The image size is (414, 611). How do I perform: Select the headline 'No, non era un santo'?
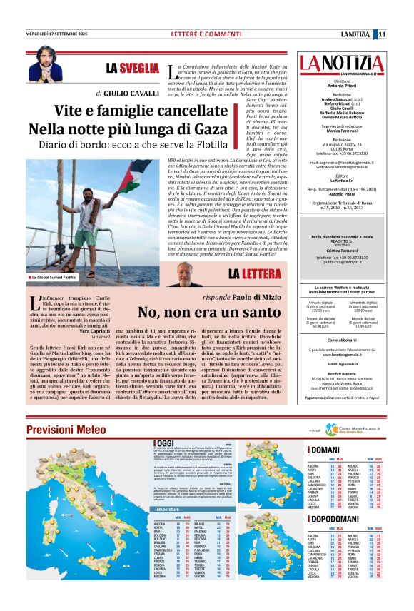click(x=198, y=312)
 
